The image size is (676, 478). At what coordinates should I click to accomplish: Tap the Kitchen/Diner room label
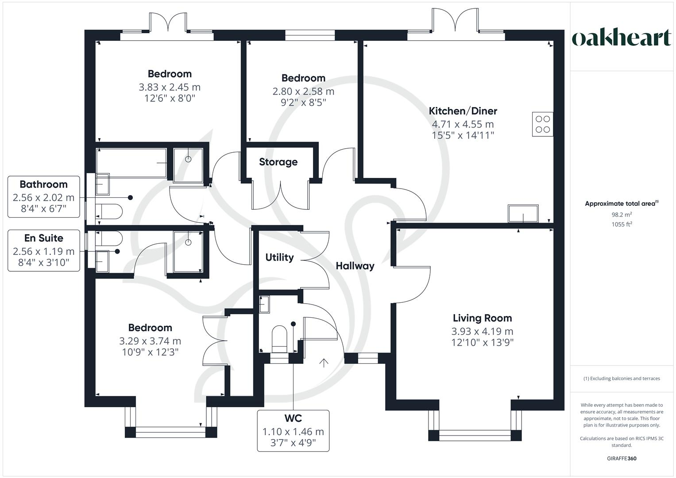pyautogui.click(x=463, y=111)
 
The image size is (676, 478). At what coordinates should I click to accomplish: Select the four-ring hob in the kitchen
pyautogui.click(x=543, y=124)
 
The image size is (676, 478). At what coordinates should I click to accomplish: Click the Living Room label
pyautogui.click(x=482, y=318)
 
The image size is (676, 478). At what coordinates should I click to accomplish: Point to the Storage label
pyautogui.click(x=278, y=162)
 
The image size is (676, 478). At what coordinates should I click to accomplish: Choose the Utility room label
pyautogui.click(x=279, y=258)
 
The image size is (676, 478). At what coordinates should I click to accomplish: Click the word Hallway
pyautogui.click(x=355, y=266)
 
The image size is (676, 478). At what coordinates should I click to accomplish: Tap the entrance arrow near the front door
pyautogui.click(x=324, y=363)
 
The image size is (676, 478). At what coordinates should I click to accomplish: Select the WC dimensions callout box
pyautogui.click(x=293, y=431)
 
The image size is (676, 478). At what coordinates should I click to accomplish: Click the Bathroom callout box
pyautogui.click(x=44, y=197)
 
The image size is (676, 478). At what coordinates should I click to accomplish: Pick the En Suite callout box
pyautogui.click(x=44, y=251)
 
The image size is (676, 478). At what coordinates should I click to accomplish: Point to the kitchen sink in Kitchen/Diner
pyautogui.click(x=523, y=214)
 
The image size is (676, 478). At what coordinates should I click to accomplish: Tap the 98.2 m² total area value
pyautogui.click(x=622, y=215)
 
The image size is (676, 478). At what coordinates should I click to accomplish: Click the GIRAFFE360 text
pyautogui.click(x=622, y=459)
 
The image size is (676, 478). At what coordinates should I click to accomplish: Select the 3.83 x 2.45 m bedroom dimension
pyautogui.click(x=170, y=87)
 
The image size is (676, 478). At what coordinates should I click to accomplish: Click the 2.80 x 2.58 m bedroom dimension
pyautogui.click(x=303, y=92)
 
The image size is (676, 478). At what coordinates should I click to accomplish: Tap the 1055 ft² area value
pyautogui.click(x=622, y=224)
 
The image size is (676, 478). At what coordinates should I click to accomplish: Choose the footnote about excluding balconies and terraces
pyautogui.click(x=622, y=378)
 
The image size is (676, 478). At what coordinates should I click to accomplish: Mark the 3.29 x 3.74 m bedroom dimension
pyautogui.click(x=150, y=341)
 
